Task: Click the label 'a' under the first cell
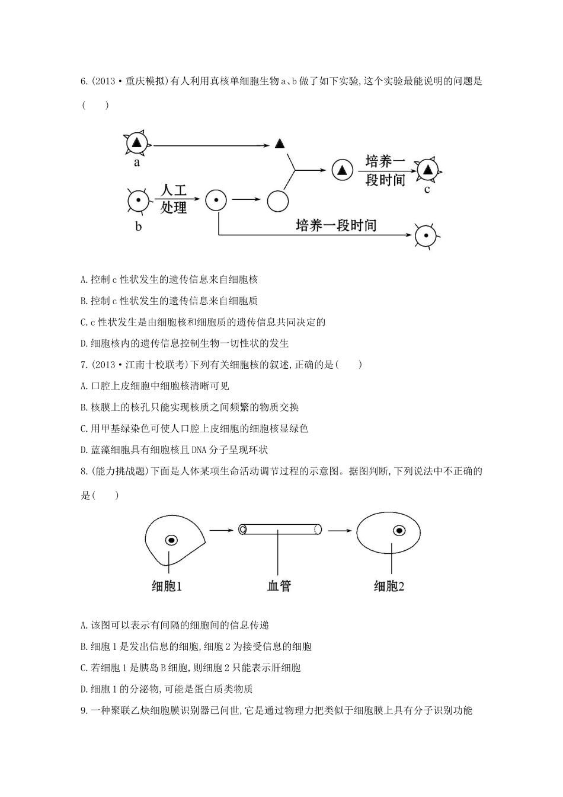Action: click(x=137, y=162)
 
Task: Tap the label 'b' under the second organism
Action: click(x=139, y=226)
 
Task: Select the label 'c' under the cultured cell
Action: click(x=427, y=190)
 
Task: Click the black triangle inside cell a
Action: click(x=137, y=143)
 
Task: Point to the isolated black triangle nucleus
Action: click(x=280, y=144)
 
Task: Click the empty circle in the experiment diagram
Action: click(x=277, y=200)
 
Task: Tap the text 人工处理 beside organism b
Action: click(x=173, y=199)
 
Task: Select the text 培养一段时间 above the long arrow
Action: click(x=336, y=225)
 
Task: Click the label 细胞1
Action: click(x=167, y=586)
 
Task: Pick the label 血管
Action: click(x=279, y=586)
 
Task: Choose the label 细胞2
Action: click(x=389, y=586)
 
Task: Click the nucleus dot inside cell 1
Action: click(x=171, y=540)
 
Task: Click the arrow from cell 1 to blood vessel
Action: click(x=222, y=530)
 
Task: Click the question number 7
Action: click(x=84, y=365)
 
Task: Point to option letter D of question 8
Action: click(x=84, y=689)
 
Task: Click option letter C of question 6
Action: click(x=84, y=322)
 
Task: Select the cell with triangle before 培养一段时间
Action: click(x=342, y=170)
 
